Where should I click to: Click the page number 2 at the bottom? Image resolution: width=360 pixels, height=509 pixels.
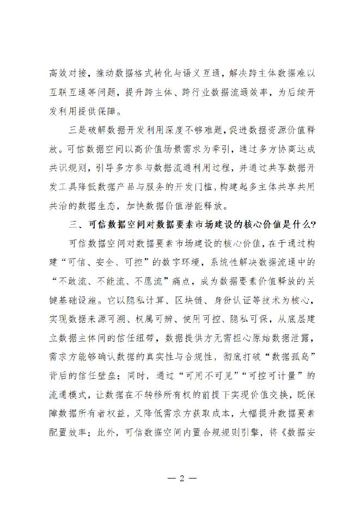point(180,479)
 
